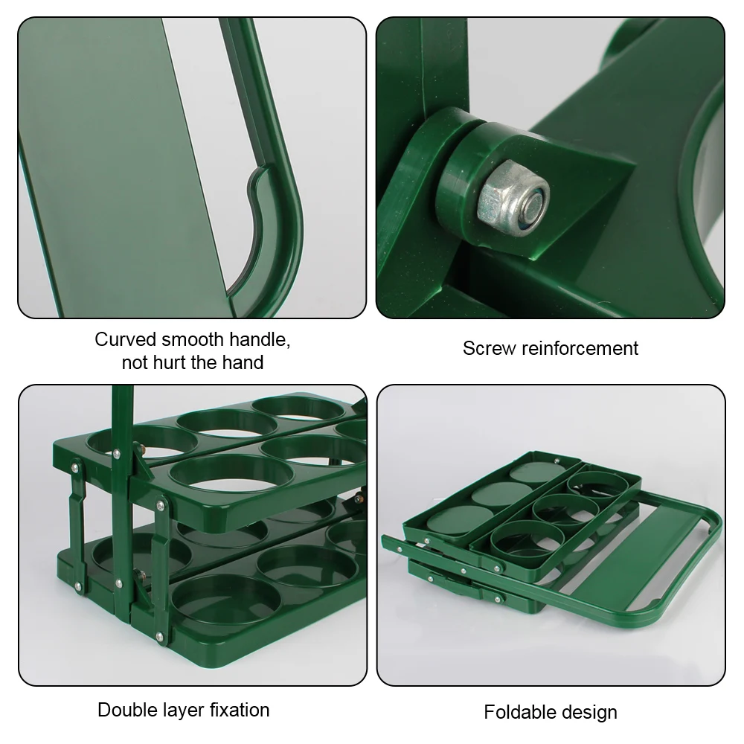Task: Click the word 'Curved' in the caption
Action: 124,340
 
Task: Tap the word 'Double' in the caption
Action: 126,709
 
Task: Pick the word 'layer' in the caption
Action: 182,709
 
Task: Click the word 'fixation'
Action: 240,709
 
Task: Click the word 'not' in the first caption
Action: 135,363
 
